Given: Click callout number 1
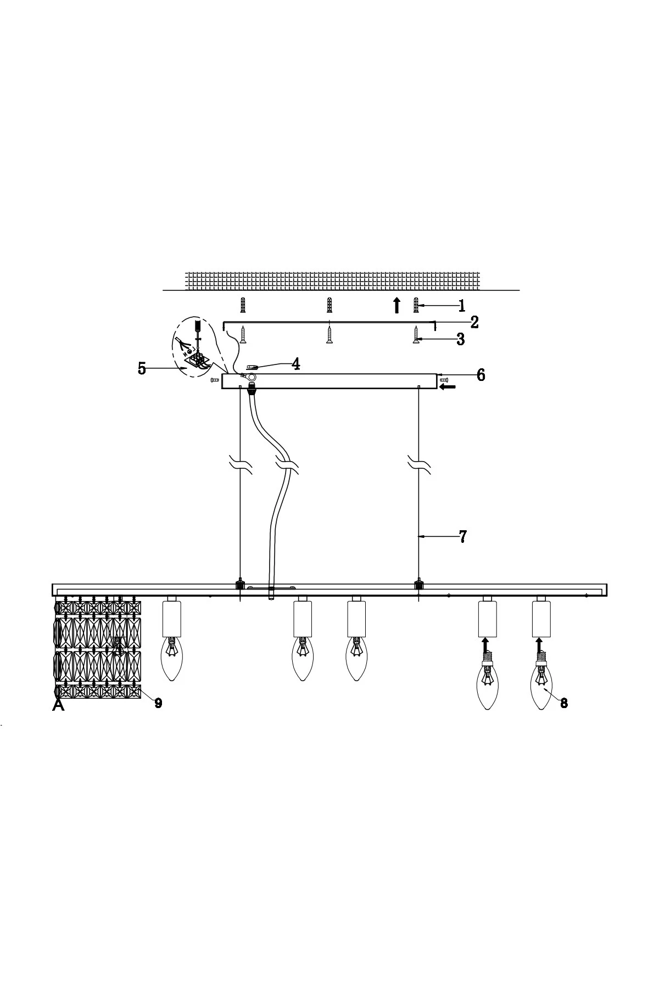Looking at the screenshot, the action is pos(461,306).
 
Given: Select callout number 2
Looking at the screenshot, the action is pos(474,322).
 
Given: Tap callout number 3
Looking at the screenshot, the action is pos(461,340).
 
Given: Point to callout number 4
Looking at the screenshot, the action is pos(295,364).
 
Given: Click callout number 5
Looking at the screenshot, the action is pos(142,369).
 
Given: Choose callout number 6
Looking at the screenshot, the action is pos(481,375).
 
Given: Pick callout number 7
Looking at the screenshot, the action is pos(463,537).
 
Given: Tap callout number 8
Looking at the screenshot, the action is pos(564,703).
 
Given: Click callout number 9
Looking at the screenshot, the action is pos(158,703).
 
